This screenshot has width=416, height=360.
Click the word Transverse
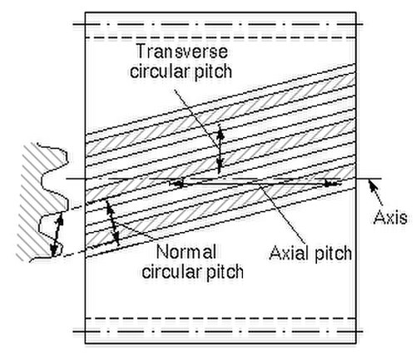pyautogui.click(x=182, y=52)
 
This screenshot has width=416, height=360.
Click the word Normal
pyautogui.click(x=186, y=252)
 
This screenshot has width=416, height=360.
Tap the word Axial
pyautogui.click(x=289, y=253)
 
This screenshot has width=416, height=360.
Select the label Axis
pyautogui.click(x=390, y=217)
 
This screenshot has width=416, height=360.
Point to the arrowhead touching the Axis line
pyautogui.click(x=372, y=184)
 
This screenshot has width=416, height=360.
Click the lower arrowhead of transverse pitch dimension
pyautogui.click(x=220, y=165)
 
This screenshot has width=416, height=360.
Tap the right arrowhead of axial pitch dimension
pyautogui.click(x=332, y=184)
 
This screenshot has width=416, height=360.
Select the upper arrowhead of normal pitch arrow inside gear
pyautogui.click(x=110, y=207)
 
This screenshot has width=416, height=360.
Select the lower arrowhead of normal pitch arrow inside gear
pyautogui.click(x=116, y=239)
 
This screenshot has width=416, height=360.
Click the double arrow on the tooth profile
pyautogui.click(x=57, y=234)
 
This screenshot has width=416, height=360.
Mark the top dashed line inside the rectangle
pyautogui.click(x=220, y=37)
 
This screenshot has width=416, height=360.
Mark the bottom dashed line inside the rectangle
pyautogui.click(x=220, y=318)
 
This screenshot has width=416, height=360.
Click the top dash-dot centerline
pyautogui.click(x=218, y=24)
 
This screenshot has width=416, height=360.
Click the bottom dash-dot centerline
pyautogui.click(x=218, y=331)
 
